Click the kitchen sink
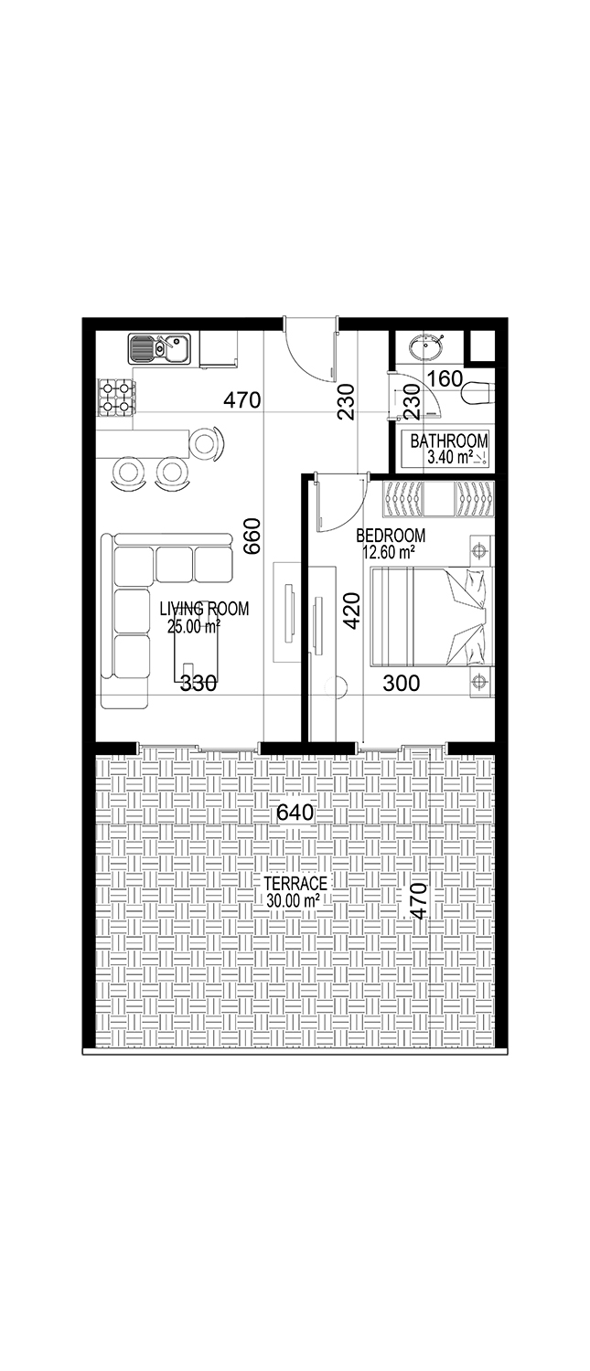click(160, 349)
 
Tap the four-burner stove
click(116, 398)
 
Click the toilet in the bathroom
click(478, 393)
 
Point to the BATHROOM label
click(449, 440)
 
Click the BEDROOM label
click(391, 536)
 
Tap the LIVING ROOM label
click(204, 609)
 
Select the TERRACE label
click(295, 883)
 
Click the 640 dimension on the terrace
click(295, 813)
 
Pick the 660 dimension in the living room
click(252, 537)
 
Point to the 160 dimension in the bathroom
click(445, 379)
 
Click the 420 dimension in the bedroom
click(352, 610)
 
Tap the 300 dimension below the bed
click(402, 683)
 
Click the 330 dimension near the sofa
click(198, 683)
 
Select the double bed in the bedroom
click(433, 616)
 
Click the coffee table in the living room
click(197, 643)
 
